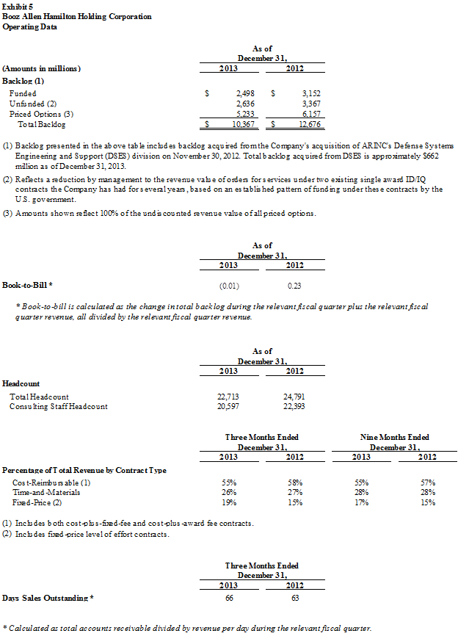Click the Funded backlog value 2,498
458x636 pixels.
pos(244,94)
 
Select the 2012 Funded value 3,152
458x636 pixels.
pos(310,94)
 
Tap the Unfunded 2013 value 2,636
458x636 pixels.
pos(244,104)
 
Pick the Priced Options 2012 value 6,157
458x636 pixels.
pos(310,115)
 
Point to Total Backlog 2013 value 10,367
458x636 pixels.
pos(242,125)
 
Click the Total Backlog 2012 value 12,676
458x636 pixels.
pos(309,125)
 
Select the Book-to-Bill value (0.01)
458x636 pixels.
pos(229,285)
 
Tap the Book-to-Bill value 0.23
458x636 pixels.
pos(294,285)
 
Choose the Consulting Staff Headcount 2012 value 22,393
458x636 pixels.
pos(294,406)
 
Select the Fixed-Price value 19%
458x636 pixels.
pos(229,502)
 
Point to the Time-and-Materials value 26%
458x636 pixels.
pos(229,492)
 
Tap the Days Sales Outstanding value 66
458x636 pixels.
pos(229,599)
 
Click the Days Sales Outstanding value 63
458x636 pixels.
pos(294,599)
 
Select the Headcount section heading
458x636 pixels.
pos(21,383)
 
